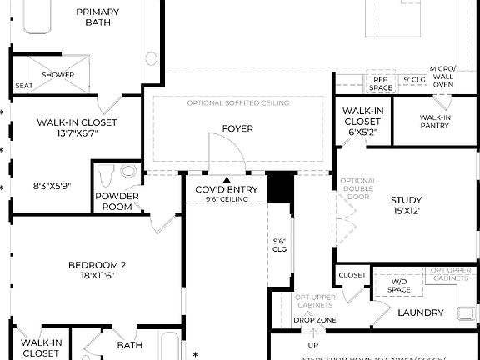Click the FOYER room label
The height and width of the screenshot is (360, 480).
pos(237,128)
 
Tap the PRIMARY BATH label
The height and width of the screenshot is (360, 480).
pos(97,17)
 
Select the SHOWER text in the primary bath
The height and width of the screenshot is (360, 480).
pos(58,75)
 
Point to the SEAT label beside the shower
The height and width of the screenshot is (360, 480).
pos(23,86)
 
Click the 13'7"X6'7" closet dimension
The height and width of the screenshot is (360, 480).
pos(76,133)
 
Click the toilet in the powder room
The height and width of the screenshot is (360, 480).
pos(106,176)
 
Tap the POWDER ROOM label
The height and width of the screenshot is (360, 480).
pos(117,202)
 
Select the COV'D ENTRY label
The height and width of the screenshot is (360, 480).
pos(227,190)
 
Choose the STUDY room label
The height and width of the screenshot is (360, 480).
pos(406,205)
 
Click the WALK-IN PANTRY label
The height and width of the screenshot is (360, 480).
pos(434,122)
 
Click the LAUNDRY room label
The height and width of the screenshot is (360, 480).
pos(414,313)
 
